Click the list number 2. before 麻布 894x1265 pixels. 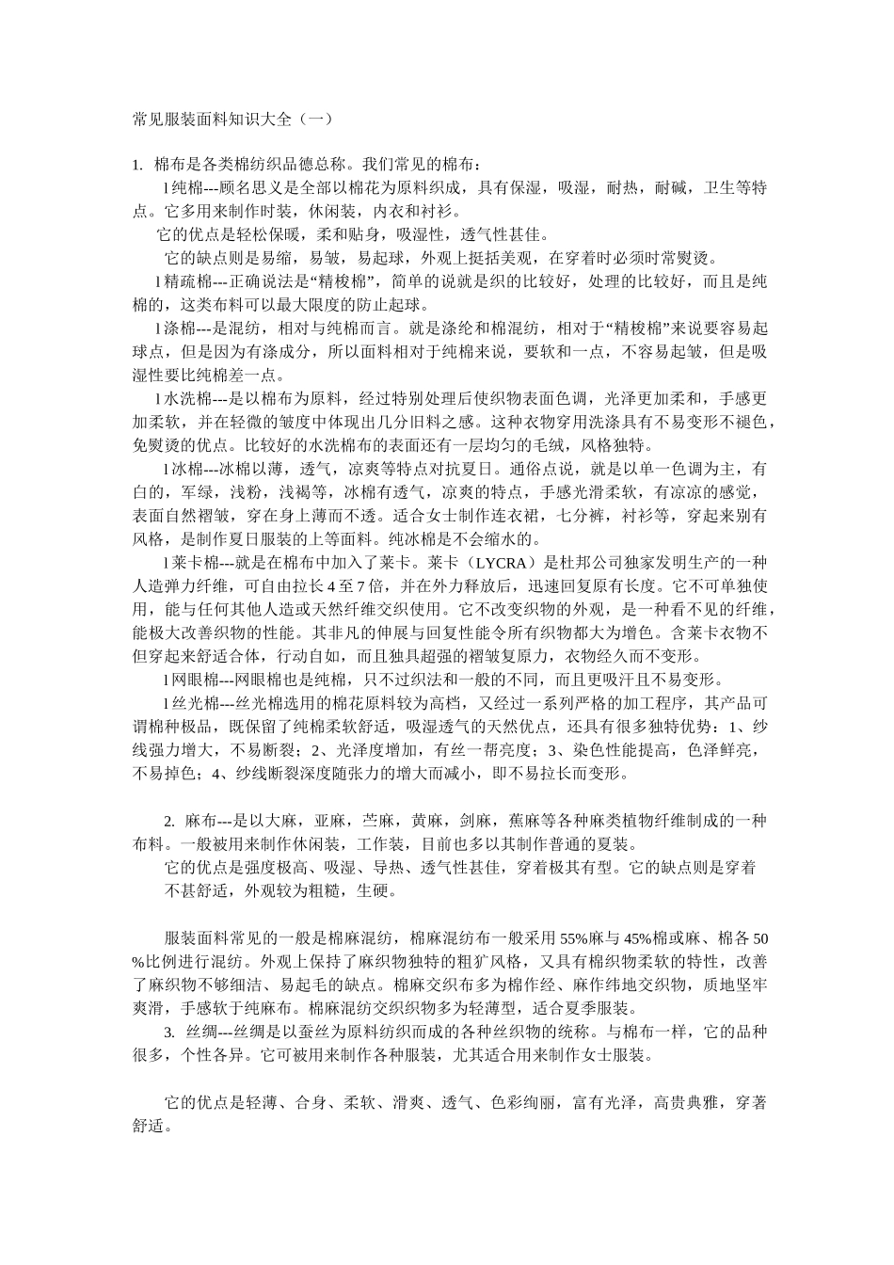[169, 821]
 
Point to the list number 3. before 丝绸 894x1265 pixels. [169, 1032]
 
